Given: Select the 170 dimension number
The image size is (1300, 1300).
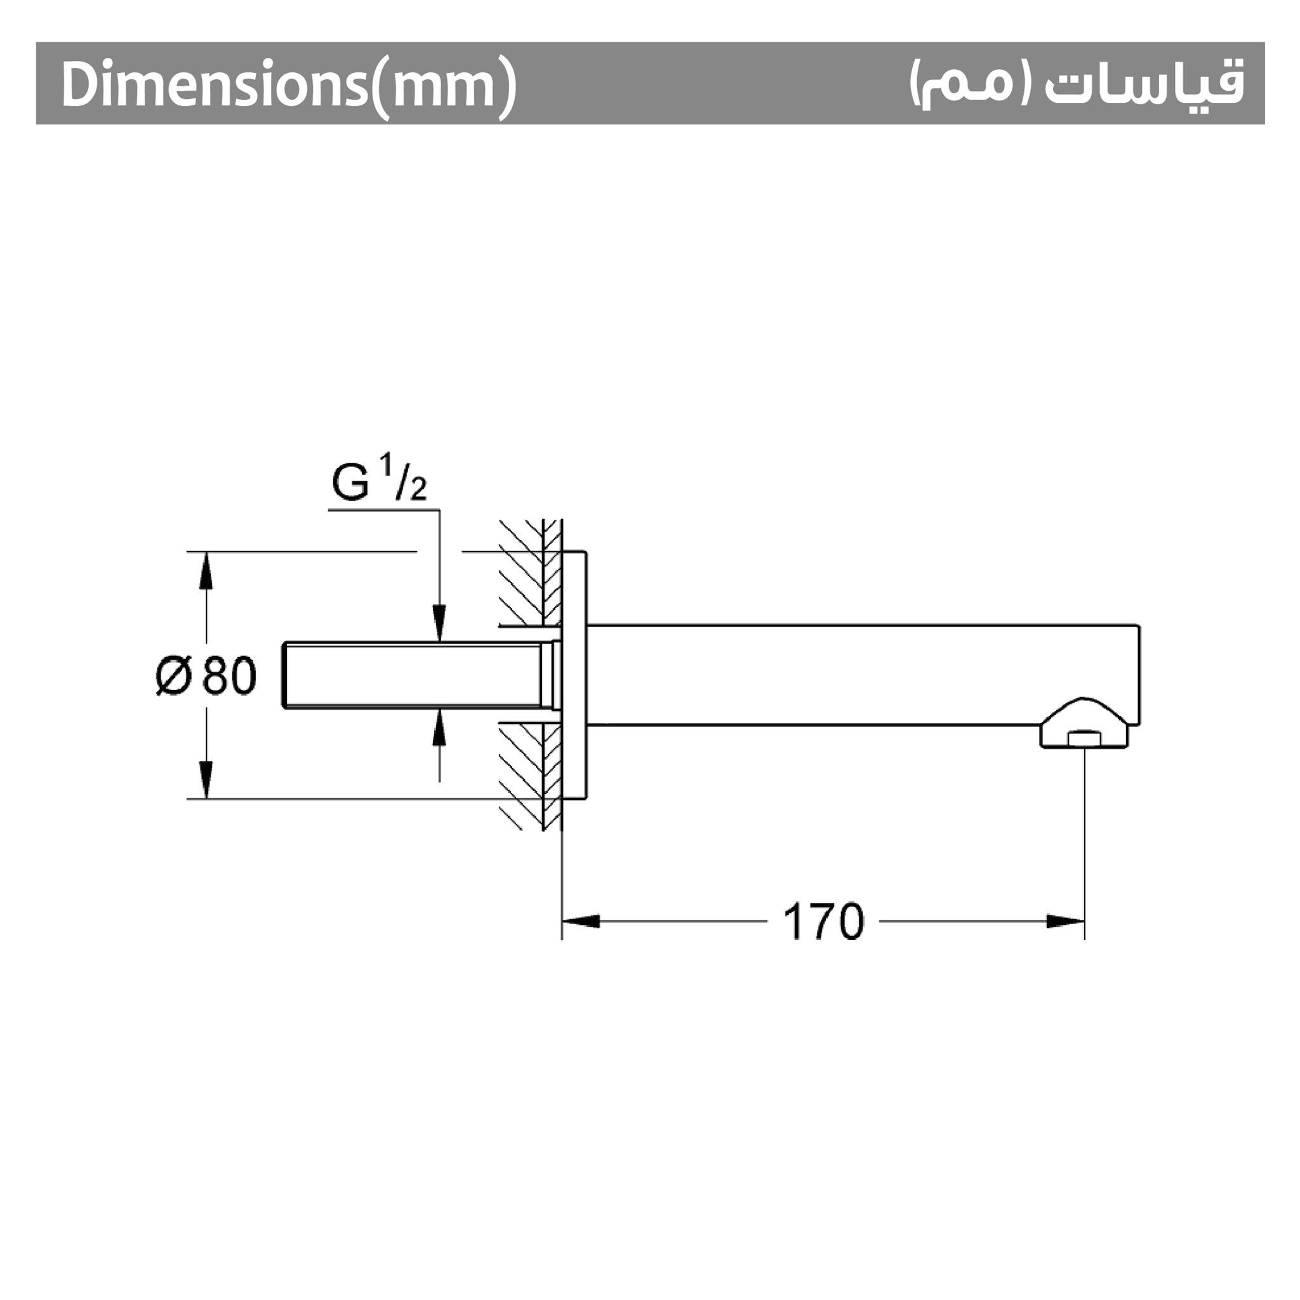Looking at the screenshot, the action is point(823,922).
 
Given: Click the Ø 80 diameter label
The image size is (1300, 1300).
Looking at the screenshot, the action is point(206,675).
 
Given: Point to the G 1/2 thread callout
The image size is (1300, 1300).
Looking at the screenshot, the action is point(379,478).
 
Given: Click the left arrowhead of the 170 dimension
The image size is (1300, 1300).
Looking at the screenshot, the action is point(581,921).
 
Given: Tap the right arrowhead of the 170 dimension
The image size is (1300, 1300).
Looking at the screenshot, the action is point(1066,921).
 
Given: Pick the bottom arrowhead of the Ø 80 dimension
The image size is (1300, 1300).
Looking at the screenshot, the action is point(206,780).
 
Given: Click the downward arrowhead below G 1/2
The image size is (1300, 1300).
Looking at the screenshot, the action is point(439,624).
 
